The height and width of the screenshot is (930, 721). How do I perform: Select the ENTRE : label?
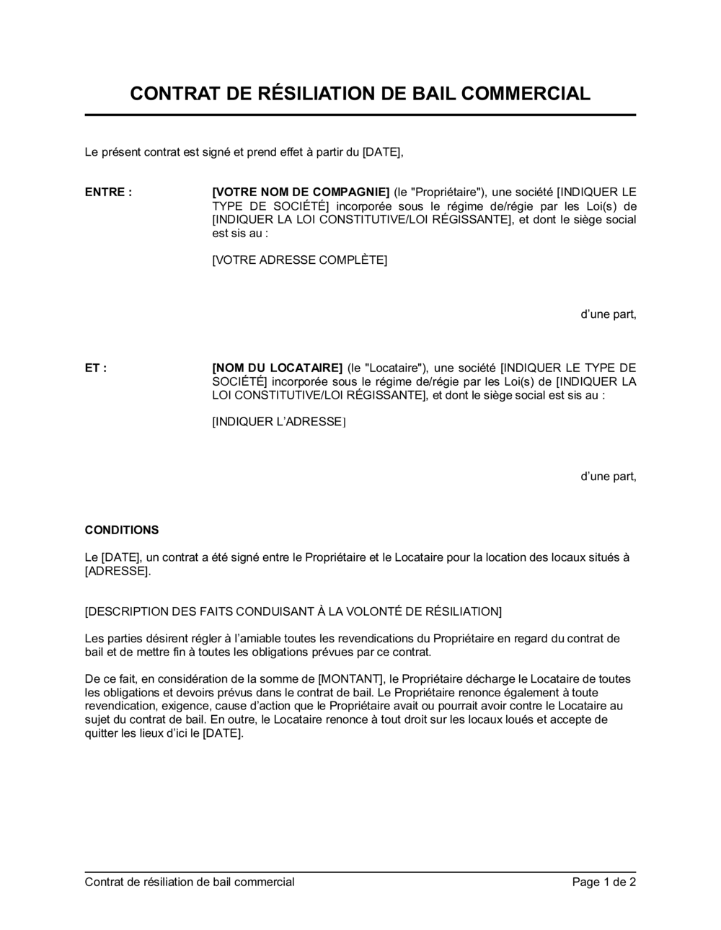pos(108,192)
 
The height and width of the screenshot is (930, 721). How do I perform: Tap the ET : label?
pos(96,368)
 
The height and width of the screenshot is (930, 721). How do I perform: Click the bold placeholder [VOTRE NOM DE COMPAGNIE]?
pos(301,192)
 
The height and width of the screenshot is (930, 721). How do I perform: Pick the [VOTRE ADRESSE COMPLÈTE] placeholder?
pos(299,260)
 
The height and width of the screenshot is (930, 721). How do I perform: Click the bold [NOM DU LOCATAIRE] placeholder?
pos(277,368)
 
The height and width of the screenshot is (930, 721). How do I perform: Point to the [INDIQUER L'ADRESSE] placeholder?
pos(278,422)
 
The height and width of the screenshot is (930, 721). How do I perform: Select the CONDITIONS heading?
pos(122,531)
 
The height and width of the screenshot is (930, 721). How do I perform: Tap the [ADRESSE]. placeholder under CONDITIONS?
pos(118,572)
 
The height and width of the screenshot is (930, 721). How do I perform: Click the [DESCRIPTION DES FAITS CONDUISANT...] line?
pos(293,612)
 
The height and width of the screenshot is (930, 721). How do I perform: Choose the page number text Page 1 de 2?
pos(604,882)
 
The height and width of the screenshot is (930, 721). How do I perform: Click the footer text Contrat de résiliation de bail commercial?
pos(190,882)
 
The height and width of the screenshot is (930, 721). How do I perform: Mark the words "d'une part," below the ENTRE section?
pos(609,314)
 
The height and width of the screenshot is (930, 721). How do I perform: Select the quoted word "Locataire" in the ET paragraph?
pos(398,368)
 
